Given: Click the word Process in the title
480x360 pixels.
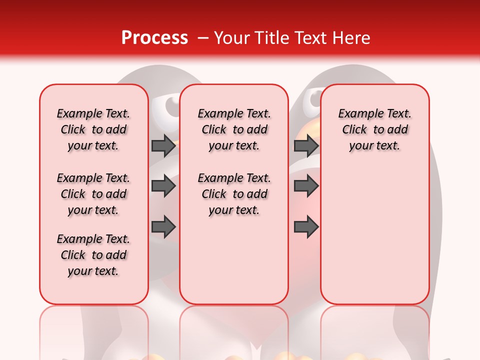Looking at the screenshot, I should [x=154, y=38].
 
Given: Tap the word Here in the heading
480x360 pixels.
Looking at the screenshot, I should [x=351, y=38].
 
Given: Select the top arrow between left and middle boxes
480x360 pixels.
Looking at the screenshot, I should [x=163, y=145].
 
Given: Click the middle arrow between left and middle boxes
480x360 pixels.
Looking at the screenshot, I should [x=163, y=186].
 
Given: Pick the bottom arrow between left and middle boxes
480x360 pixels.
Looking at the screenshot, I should [x=163, y=227].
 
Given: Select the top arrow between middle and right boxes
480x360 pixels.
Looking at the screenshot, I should [x=306, y=145].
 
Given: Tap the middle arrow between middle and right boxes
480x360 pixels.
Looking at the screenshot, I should [x=306, y=186].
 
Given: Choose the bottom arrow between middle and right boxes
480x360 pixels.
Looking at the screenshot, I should [x=306, y=227].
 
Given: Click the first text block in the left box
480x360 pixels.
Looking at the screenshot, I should [x=93, y=129].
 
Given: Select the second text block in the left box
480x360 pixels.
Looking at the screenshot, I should [x=93, y=194].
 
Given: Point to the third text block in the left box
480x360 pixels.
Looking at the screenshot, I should [x=93, y=255].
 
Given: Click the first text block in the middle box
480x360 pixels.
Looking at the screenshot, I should [x=234, y=129].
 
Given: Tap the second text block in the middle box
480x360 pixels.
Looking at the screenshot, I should [x=234, y=194].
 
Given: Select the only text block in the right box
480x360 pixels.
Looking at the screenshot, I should [x=375, y=129].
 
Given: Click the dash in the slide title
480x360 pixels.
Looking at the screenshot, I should [x=202, y=38].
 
